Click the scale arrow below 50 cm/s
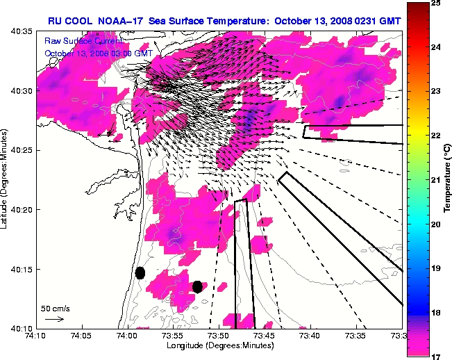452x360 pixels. coord(54,319)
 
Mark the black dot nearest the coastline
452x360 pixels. coord(140,272)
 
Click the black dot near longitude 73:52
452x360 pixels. coord(197,286)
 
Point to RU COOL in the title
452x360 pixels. coord(70,21)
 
